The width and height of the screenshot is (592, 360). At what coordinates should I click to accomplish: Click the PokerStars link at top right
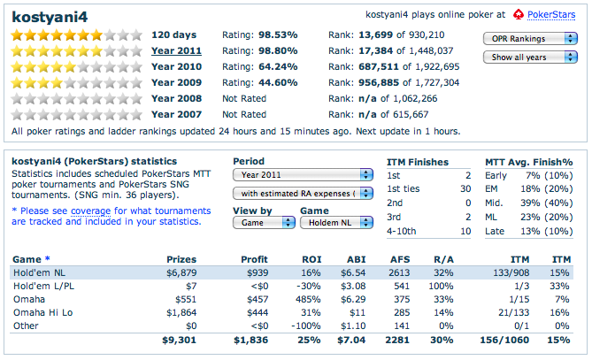(550, 15)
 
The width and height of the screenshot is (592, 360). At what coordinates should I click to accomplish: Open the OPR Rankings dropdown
(530, 39)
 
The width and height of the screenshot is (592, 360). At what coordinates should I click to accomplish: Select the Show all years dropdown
(530, 57)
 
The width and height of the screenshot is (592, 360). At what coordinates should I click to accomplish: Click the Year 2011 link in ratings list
(176, 51)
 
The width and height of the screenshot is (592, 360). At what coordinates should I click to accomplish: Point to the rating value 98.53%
(275, 35)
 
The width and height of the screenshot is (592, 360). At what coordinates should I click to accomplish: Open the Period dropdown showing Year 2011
(302, 175)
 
